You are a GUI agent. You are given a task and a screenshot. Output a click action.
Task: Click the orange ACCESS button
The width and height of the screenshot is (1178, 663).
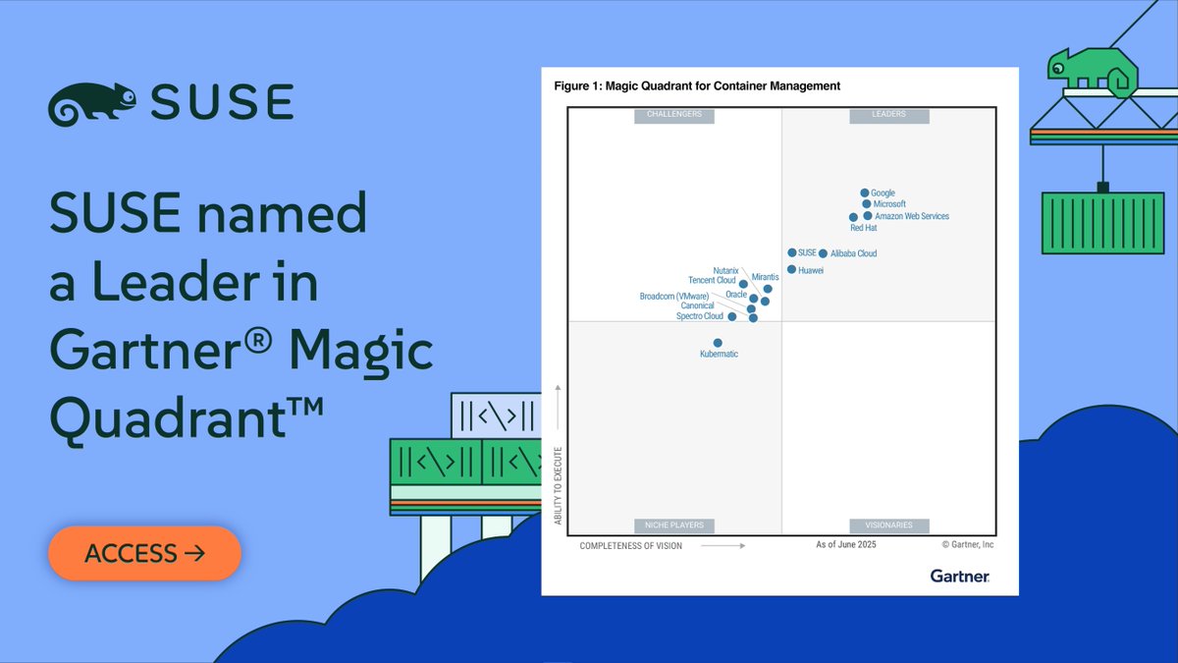pyautogui.click(x=144, y=553)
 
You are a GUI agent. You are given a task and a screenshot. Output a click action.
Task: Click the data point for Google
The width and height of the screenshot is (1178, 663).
pyautogui.click(x=864, y=193)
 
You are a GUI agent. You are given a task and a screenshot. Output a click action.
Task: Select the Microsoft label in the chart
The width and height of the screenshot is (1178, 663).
pyautogui.click(x=889, y=204)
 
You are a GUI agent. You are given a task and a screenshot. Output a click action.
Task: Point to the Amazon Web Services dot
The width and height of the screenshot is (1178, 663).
pyautogui.click(x=868, y=216)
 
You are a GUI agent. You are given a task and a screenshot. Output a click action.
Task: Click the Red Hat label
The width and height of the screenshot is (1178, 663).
pyautogui.click(x=864, y=228)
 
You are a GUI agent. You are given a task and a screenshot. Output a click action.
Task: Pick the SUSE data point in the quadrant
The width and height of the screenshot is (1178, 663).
pyautogui.click(x=792, y=252)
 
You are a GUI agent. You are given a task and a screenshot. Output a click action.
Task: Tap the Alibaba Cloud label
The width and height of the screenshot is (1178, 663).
pyautogui.click(x=854, y=253)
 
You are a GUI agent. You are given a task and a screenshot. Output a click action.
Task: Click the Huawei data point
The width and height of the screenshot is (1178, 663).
pyautogui.click(x=791, y=269)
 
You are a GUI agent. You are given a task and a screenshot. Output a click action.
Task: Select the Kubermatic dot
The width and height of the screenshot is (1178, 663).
pyautogui.click(x=718, y=343)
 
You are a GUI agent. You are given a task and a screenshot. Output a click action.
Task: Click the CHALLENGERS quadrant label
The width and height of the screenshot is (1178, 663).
pyautogui.click(x=674, y=115)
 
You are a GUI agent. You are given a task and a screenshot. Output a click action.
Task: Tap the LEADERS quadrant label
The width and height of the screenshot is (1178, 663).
pyautogui.click(x=888, y=115)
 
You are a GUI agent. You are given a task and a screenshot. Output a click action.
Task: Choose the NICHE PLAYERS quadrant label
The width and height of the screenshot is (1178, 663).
pyautogui.click(x=674, y=525)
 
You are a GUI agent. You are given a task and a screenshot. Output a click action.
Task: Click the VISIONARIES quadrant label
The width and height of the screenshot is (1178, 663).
pyautogui.click(x=888, y=525)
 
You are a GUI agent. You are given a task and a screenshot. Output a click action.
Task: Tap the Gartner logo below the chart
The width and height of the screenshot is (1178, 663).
pyautogui.click(x=959, y=576)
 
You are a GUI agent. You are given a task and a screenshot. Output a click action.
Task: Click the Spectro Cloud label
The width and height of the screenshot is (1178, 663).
pyautogui.click(x=700, y=316)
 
